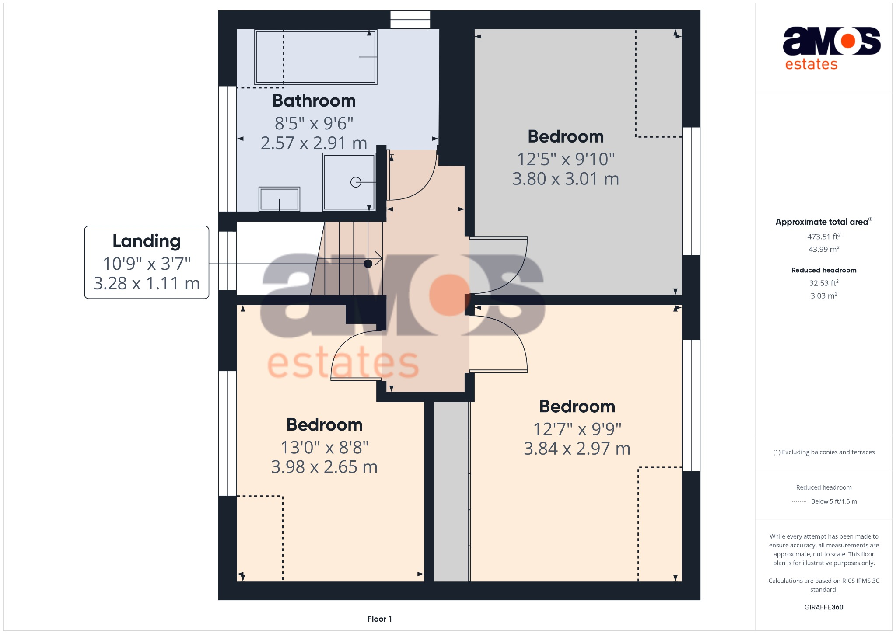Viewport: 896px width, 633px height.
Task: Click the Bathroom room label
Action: click(x=314, y=101)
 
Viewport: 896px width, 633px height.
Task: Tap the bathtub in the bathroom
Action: click(x=315, y=57)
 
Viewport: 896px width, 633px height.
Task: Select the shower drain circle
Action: click(x=356, y=182)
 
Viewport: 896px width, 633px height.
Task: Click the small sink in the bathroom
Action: click(x=279, y=199)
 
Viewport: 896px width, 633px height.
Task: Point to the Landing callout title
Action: click(x=147, y=241)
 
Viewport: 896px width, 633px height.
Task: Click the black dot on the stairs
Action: click(x=368, y=264)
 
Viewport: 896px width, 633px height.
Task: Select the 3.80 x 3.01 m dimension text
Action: click(x=566, y=179)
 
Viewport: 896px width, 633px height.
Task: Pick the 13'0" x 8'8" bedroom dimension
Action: click(x=324, y=447)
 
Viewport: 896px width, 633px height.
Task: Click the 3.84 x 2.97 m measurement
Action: click(x=577, y=449)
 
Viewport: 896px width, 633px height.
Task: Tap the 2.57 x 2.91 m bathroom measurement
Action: click(x=314, y=143)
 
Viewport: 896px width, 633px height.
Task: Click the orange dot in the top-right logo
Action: click(x=847, y=41)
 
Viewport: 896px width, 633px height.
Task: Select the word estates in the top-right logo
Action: click(x=811, y=64)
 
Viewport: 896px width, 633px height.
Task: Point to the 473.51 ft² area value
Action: click(x=823, y=237)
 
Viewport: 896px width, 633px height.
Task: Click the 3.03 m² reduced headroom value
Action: click(x=823, y=296)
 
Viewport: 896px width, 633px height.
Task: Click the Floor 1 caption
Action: click(x=379, y=619)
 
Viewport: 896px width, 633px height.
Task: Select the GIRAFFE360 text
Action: click(x=823, y=607)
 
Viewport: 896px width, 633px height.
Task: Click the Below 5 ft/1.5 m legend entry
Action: click(x=833, y=501)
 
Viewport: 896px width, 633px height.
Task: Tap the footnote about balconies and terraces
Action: click(x=823, y=452)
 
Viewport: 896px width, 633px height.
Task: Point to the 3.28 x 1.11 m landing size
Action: click(x=147, y=284)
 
